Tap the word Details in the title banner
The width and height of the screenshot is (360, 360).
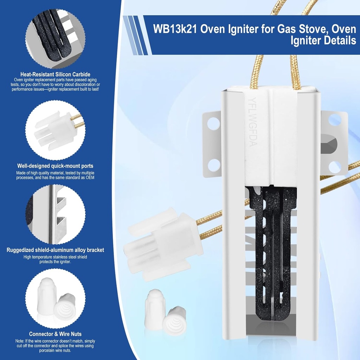click(338, 41)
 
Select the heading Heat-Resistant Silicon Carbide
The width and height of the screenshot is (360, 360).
click(55, 75)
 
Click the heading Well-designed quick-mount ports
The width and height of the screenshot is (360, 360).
click(55, 166)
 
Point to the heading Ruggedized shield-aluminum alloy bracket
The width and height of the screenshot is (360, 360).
click(55, 250)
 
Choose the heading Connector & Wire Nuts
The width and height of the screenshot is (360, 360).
click(55, 334)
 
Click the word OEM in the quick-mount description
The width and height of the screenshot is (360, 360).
click(90, 178)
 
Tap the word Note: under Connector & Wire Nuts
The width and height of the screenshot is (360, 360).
click(20, 341)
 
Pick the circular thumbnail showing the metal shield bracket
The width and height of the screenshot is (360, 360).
click(55, 214)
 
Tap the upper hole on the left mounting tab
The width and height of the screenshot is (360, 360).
click(213, 123)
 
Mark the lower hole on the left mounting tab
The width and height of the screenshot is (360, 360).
click(213, 165)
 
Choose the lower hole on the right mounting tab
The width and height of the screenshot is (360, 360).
click(334, 167)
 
